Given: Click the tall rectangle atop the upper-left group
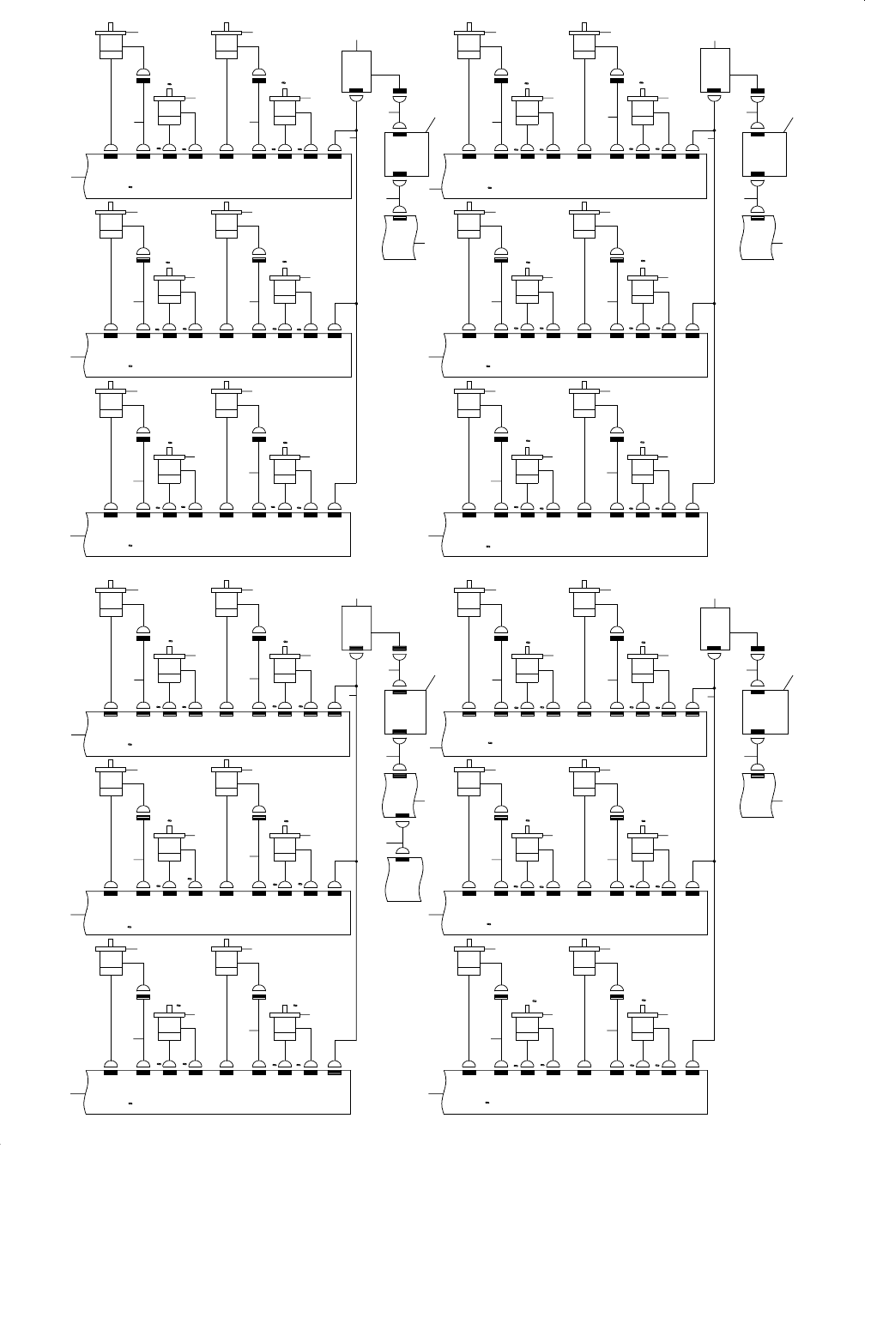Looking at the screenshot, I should click(356, 70).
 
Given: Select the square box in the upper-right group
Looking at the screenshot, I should click(764, 154).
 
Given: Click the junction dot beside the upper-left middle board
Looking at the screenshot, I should click(356, 303).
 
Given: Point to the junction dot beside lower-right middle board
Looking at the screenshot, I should click(715, 860).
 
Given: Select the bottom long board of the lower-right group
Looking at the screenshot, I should click(575, 1092).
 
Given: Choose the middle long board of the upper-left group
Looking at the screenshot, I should click(219, 354).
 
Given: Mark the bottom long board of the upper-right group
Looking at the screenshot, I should click(575, 535).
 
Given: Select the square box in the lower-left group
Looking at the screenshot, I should click(404, 711).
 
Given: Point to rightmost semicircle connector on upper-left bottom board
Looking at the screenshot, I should click(335, 507).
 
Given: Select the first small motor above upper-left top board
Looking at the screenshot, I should click(169, 109).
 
